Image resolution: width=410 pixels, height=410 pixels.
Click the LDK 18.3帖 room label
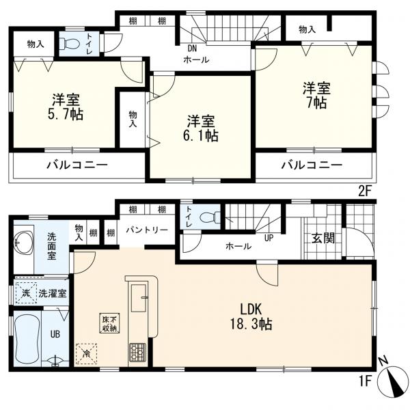pyautogui.click(x=251, y=317)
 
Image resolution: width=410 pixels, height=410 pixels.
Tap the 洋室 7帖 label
pyautogui.click(x=317, y=95)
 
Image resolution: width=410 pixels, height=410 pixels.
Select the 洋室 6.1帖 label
pyautogui.click(x=200, y=128)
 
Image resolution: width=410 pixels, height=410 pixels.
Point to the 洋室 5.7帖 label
pyautogui.click(x=66, y=107)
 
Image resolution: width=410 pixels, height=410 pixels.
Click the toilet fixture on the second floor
pyautogui.click(x=69, y=43)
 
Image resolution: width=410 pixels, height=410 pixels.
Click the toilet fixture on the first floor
pyautogui.click(x=210, y=217)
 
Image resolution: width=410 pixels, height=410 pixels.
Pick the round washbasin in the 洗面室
pyautogui.click(x=24, y=244)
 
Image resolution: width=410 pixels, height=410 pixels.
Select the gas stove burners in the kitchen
pyautogui.click(x=137, y=352)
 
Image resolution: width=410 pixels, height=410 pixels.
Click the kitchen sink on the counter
pyautogui.click(x=139, y=298)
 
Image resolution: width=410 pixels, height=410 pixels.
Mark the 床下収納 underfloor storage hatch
pyautogui.click(x=109, y=323)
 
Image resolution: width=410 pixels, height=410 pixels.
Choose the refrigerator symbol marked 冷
pyautogui.click(x=86, y=354)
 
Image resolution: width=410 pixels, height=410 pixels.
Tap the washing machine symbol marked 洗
pyautogui.click(x=26, y=293)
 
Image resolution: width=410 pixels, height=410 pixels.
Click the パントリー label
pyautogui.click(x=147, y=230)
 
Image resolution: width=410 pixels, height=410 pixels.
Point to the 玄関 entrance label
pyautogui.click(x=323, y=238)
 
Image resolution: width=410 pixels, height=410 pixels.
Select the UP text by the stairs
pyautogui.click(x=269, y=238)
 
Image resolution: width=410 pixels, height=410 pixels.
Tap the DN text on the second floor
pyautogui.click(x=193, y=49)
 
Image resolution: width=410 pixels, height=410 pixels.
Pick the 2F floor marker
pyautogui.click(x=365, y=192)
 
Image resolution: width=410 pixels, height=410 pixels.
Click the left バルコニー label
pyautogui.click(x=77, y=165)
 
